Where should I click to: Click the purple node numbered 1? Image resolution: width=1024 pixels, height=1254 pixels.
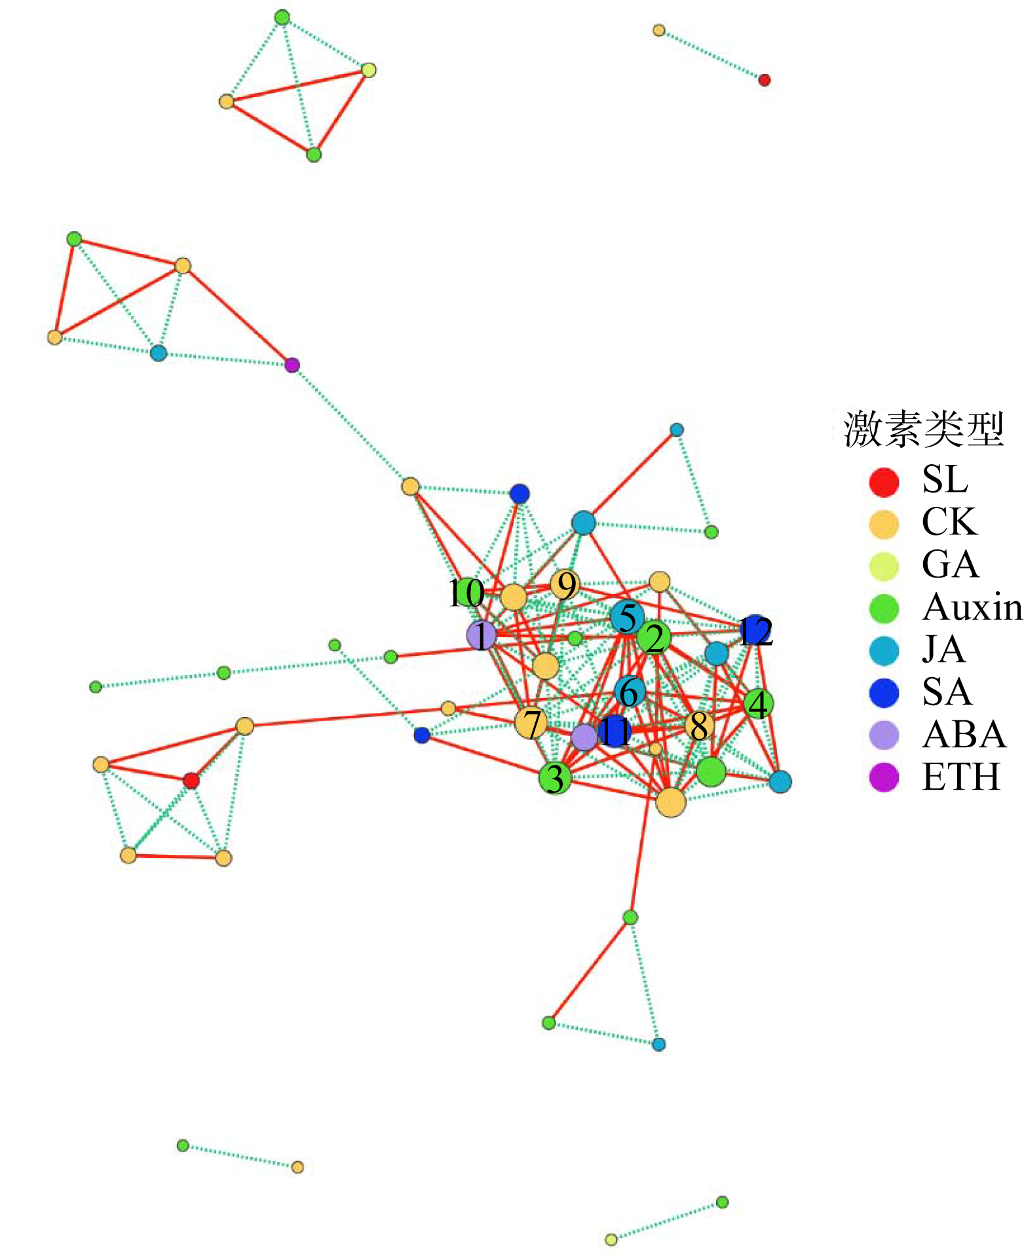coord(482,635)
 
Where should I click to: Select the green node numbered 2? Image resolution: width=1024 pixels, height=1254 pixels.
coord(654,638)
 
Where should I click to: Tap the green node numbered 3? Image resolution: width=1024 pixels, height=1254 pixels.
coord(556,778)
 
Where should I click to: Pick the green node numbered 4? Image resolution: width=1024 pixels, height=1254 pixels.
coord(759,704)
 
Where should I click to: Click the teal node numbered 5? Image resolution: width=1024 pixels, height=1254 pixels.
coord(627,617)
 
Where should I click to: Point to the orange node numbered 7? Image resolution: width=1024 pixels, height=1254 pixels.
coord(531,724)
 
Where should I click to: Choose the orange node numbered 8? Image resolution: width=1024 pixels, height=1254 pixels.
coord(699,726)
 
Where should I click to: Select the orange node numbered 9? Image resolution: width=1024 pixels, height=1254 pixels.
coord(565,585)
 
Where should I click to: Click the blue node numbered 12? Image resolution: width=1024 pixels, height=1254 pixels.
coord(755,631)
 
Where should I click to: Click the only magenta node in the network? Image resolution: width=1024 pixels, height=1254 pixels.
coord(292,365)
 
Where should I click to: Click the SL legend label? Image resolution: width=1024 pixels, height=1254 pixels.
coord(945,479)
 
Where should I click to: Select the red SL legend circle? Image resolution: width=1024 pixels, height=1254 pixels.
coord(884,481)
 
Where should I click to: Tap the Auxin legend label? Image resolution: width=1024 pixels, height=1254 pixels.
coord(972,608)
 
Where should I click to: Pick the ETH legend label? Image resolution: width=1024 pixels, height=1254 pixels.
coord(961,777)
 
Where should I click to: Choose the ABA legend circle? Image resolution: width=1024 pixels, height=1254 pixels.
coord(884,735)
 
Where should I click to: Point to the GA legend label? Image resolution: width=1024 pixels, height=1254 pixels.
coord(950,564)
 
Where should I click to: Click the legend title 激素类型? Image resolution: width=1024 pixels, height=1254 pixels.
coord(924,430)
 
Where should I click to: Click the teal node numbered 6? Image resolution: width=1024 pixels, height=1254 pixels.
coord(630,692)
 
